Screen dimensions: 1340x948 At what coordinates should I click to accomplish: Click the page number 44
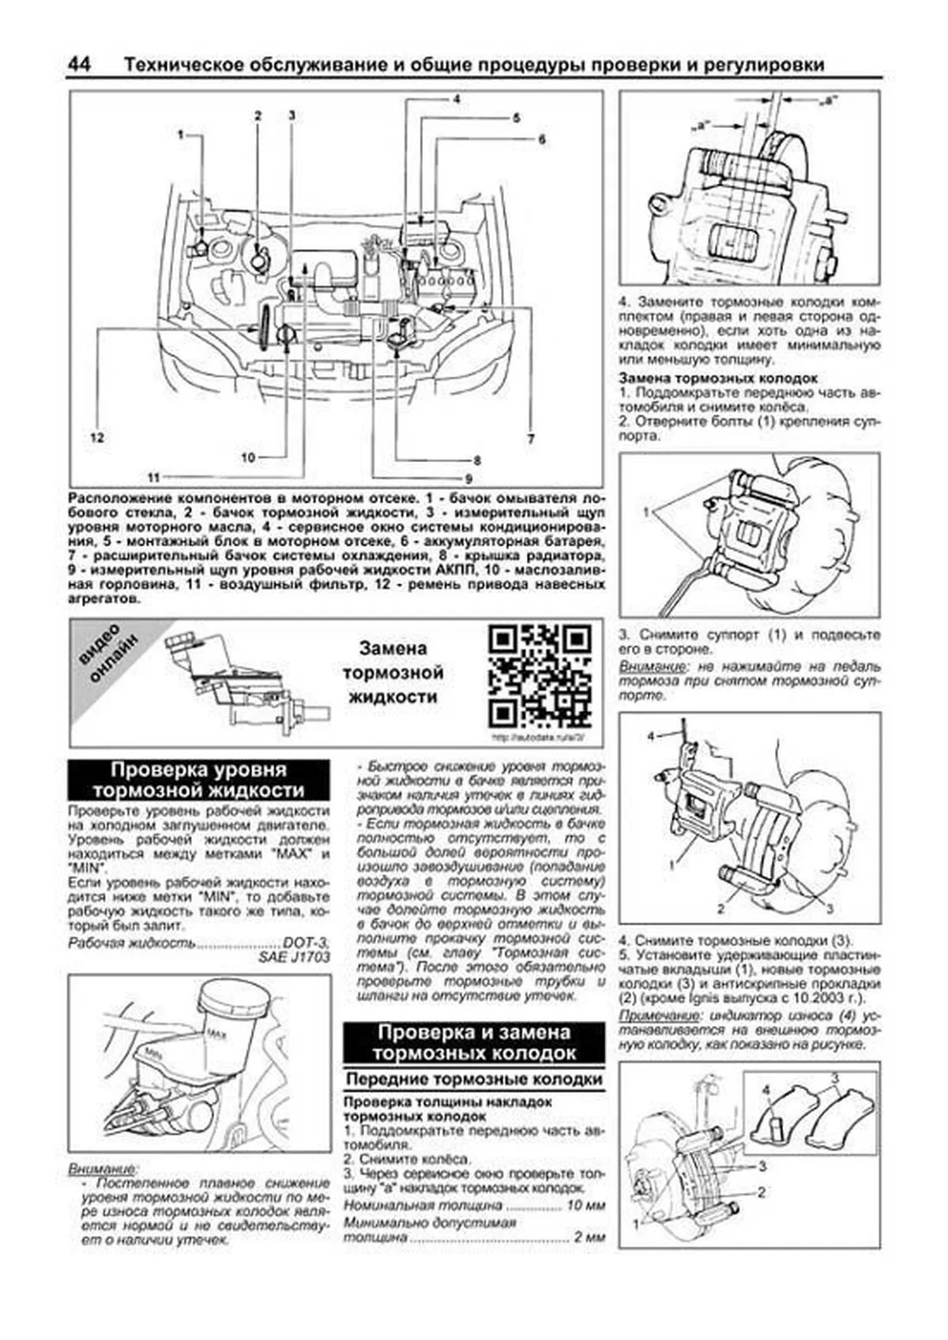pyautogui.click(x=80, y=65)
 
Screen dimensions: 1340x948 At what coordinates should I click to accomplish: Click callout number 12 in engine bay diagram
pyautogui.click(x=96, y=438)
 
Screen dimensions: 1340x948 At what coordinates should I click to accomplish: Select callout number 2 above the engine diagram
pyautogui.click(x=258, y=116)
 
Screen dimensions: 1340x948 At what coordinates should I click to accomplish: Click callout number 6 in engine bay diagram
pyautogui.click(x=542, y=139)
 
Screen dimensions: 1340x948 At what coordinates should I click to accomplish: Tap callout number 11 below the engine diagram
pyautogui.click(x=153, y=477)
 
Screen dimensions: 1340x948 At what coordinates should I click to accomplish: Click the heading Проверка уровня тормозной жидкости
pyautogui.click(x=198, y=780)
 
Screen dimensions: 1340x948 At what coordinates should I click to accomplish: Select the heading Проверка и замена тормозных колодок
pyautogui.click(x=473, y=1042)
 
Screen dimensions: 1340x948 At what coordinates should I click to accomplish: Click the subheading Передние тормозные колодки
pyautogui.click(x=473, y=1079)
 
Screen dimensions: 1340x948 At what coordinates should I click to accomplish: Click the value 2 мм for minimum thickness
pyautogui.click(x=589, y=1237)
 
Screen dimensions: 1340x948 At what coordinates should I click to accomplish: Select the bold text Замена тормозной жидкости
pyautogui.click(x=393, y=673)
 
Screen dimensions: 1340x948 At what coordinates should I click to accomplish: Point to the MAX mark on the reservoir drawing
pyautogui.click(x=213, y=1033)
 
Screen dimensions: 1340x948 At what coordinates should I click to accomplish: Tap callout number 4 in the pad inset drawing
pyautogui.click(x=765, y=1090)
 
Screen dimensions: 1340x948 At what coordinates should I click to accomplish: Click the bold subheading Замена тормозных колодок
pyautogui.click(x=717, y=378)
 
